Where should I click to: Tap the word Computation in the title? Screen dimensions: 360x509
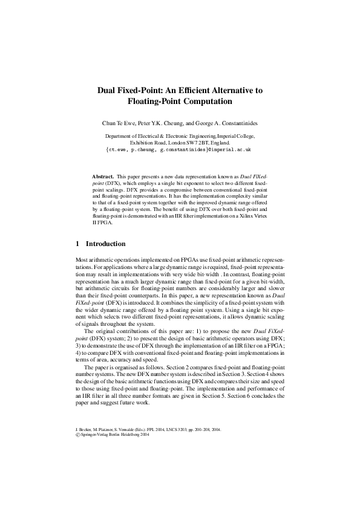click(x=208, y=102)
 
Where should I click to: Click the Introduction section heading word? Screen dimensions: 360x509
click(x=105, y=244)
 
